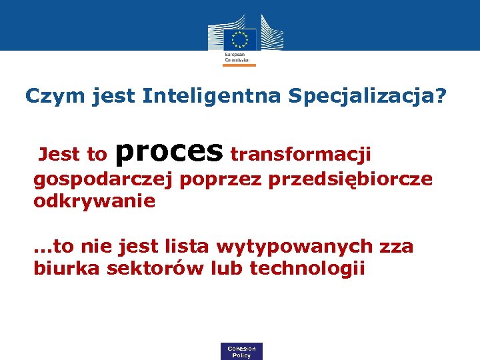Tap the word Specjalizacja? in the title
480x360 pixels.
point(367,97)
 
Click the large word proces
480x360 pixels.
point(169,152)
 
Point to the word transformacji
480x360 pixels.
point(300,155)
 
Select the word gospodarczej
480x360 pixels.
point(103,180)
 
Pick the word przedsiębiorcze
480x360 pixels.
point(350,180)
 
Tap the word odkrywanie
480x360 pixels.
point(94,201)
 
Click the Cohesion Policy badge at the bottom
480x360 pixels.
point(241,351)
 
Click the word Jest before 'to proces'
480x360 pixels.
point(59,155)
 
